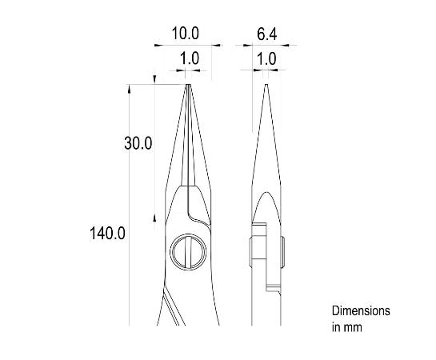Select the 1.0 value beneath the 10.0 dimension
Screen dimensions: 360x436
click(190, 59)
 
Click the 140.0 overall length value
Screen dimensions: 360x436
click(107, 233)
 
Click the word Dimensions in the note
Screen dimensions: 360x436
click(361, 310)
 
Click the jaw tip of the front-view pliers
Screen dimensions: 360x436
click(190, 86)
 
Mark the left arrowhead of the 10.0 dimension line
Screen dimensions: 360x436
click(158, 46)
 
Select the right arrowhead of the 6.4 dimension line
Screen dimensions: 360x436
click(293, 46)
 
